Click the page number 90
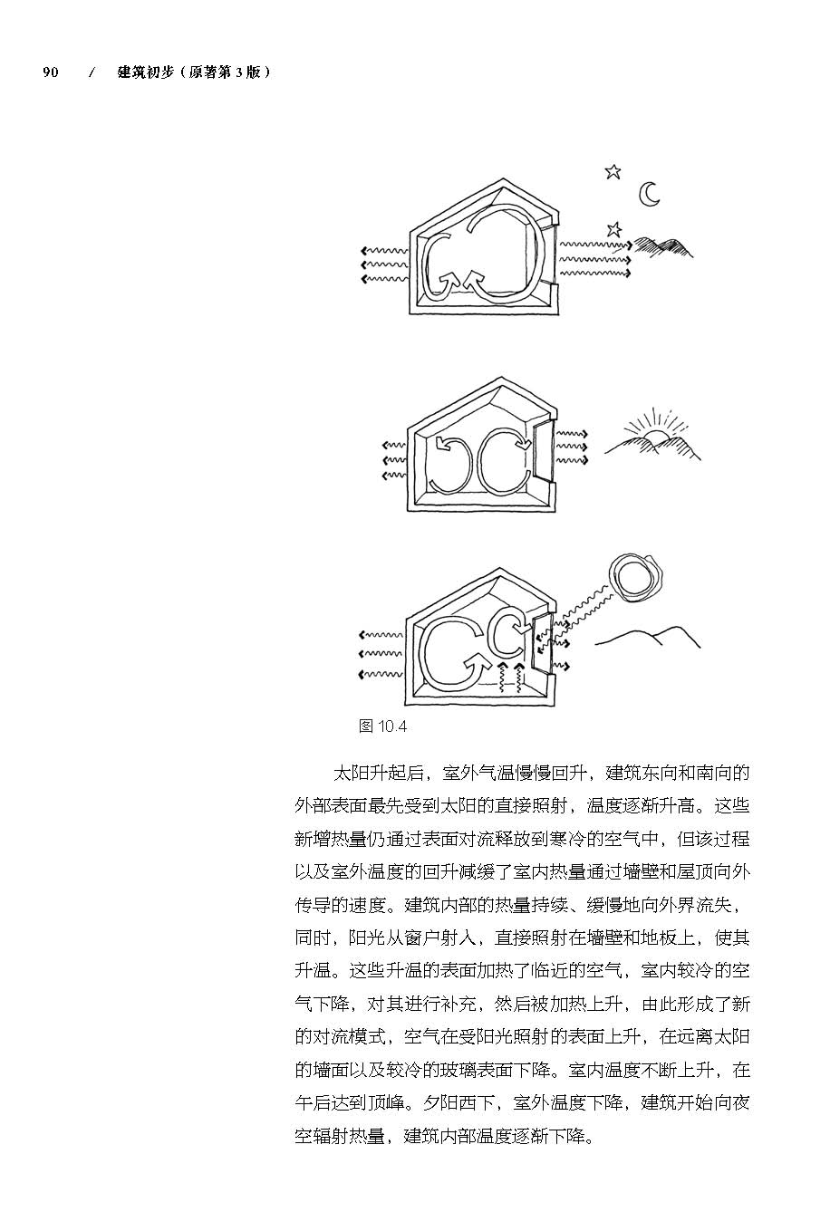pyautogui.click(x=51, y=72)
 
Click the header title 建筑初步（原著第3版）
pyautogui.click(x=194, y=72)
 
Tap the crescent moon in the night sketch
pyautogui.click(x=649, y=193)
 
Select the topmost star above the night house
pyautogui.click(x=613, y=171)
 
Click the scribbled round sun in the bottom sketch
pyautogui.click(x=637, y=575)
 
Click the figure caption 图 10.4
pyautogui.click(x=383, y=726)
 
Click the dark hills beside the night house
pyautogui.click(x=664, y=245)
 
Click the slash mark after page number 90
pyautogui.click(x=92, y=72)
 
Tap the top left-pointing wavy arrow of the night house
pyautogui.click(x=383, y=251)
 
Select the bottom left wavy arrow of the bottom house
pyautogui.click(x=381, y=674)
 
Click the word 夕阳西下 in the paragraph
pyautogui.click(x=459, y=1103)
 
